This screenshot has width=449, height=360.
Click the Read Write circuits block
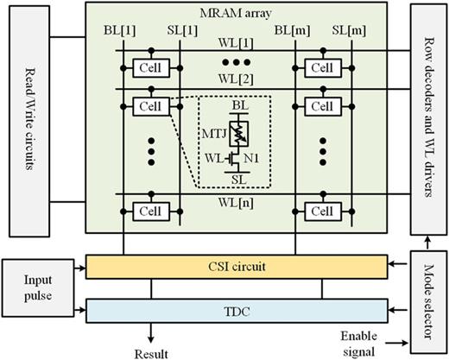[x=28, y=119]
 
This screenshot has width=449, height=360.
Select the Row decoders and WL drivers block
[x=423, y=117]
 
